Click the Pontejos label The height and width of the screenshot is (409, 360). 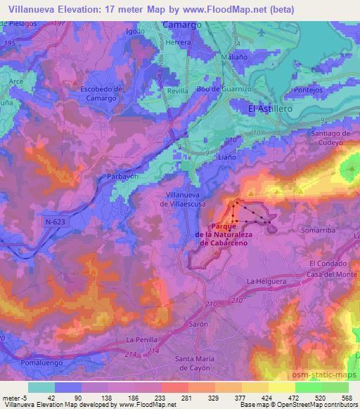pyautogui.click(x=312, y=91)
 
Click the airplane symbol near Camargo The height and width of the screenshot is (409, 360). pyautogui.click(x=262, y=33)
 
